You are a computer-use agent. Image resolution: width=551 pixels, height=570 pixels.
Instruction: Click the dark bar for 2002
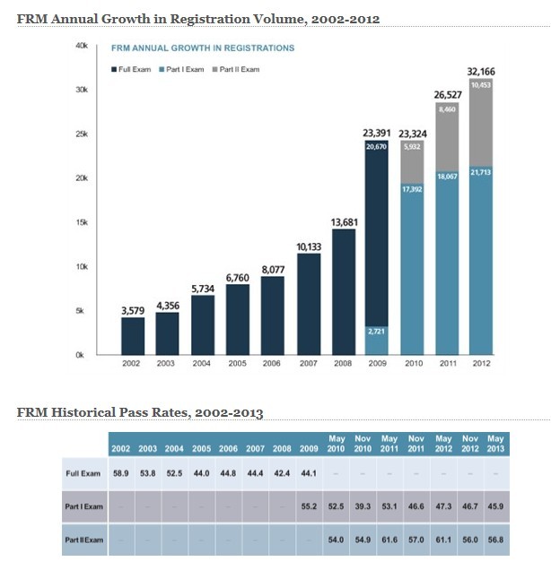(133, 335)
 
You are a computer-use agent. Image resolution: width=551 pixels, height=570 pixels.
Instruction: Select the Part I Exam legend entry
(184, 70)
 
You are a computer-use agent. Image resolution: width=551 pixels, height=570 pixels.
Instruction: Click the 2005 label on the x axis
(239, 365)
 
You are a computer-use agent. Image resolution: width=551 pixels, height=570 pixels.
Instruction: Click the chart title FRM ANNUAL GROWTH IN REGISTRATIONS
(202, 48)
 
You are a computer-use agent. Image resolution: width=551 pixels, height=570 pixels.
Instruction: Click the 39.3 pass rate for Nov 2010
(363, 507)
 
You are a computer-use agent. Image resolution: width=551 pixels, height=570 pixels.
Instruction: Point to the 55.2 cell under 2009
(310, 507)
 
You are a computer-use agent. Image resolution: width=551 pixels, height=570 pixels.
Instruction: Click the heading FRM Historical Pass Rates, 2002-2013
(140, 412)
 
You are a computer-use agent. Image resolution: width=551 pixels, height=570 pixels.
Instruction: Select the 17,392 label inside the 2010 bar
(413, 190)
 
